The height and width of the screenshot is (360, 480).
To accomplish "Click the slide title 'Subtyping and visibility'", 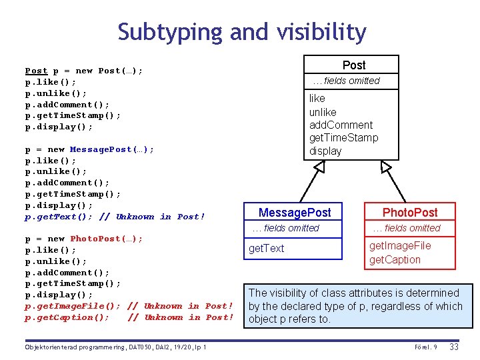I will pos(242,32).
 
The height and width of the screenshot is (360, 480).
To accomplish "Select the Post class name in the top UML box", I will pos(353,65).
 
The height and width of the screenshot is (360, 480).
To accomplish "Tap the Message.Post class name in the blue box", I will pos(294,212).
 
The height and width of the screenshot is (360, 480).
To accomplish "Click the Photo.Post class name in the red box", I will pos(410,212).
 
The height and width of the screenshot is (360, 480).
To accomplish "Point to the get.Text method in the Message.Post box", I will pos(266,249).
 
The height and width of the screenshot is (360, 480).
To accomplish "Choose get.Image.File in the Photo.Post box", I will pos(400,245).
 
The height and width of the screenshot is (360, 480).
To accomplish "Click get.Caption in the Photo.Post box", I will pos(395,260).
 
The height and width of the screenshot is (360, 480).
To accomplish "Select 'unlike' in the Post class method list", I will pos(323,112).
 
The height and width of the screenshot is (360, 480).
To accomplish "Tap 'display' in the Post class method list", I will pos(325,151).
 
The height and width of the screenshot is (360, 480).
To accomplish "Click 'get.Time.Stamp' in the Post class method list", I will pos(343,138).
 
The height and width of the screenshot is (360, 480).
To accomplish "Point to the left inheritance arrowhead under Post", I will pos(319,167).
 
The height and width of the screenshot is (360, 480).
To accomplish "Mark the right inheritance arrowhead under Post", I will pos(382,167).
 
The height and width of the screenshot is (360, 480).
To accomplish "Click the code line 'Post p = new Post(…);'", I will pos(84,71).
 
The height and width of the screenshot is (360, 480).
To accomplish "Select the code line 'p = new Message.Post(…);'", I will pos(89,149).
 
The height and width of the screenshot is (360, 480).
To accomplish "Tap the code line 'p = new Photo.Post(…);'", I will pos(84,239).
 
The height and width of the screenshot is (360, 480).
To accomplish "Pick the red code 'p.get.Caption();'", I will pos(67,317).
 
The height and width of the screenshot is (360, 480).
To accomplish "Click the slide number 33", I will pos(454,347).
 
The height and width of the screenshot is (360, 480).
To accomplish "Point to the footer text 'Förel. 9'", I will pos(425,347).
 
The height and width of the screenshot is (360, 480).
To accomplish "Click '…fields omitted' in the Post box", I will pos(346,81).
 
